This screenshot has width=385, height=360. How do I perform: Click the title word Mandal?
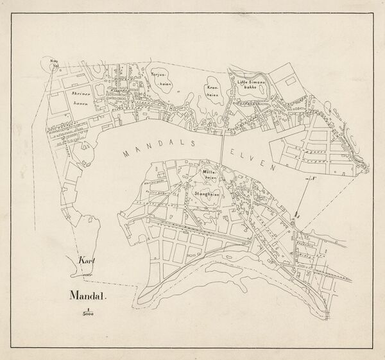point(87,296)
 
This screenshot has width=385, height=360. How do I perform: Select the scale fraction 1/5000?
point(85,313)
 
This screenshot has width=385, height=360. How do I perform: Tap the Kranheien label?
point(215,91)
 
